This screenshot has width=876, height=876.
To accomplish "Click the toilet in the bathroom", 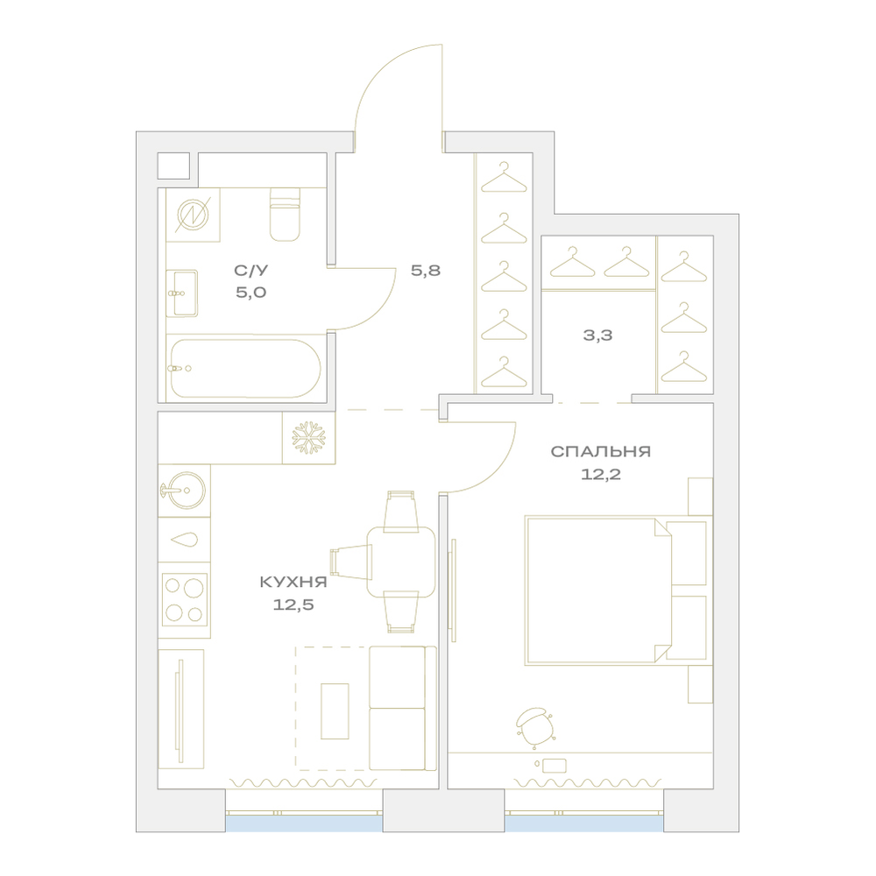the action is click(x=285, y=215).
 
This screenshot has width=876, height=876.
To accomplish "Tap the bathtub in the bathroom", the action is click(x=245, y=368).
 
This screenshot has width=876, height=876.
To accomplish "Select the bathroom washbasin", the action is click(x=182, y=293).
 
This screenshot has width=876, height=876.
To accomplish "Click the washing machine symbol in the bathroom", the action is click(x=192, y=215).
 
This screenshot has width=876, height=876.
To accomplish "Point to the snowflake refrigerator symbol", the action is click(x=308, y=437).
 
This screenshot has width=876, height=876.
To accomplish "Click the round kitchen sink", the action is click(x=185, y=491).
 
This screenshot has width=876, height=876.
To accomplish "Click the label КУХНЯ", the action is click(x=293, y=583).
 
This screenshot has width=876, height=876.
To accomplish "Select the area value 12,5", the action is click(x=293, y=604).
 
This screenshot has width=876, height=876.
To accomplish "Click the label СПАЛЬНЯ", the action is click(x=601, y=451).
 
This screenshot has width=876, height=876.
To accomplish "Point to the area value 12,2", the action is click(x=601, y=474).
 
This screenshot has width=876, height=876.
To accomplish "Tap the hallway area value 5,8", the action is click(x=426, y=271).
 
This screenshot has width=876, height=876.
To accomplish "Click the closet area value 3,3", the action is click(x=597, y=336).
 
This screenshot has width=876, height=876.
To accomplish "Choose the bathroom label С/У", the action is click(x=251, y=271).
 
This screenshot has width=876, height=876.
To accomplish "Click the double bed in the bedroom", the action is click(x=616, y=590).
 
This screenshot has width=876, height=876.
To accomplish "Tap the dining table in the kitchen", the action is click(x=401, y=562).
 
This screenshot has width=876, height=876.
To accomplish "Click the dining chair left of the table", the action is click(x=351, y=562).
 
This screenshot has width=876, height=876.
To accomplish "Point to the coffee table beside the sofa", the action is click(x=335, y=711).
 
